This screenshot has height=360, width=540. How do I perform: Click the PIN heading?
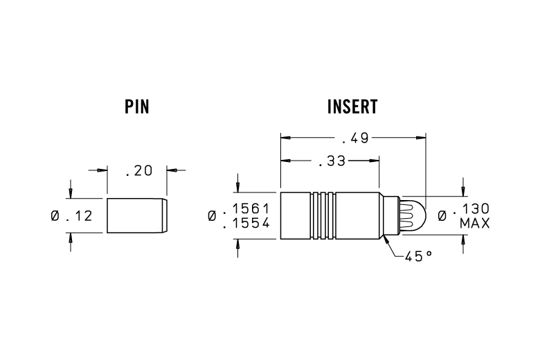tap(137, 107)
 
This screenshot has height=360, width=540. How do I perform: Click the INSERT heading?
tap(352, 107)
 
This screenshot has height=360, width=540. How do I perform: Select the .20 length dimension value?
tap(138, 171)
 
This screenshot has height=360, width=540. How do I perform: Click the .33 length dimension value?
tap(330, 162)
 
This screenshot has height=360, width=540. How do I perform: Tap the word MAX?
tap(475, 223)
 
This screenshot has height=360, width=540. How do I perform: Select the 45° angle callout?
tap(418, 255)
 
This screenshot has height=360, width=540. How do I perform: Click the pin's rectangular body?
tap(135, 216)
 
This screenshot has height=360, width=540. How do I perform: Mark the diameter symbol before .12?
tap(55, 216)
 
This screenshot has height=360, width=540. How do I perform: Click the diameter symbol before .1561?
tap(212, 216)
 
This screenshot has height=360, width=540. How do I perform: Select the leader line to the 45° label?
tap(393, 247)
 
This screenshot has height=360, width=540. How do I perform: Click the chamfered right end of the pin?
tap(164, 216)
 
